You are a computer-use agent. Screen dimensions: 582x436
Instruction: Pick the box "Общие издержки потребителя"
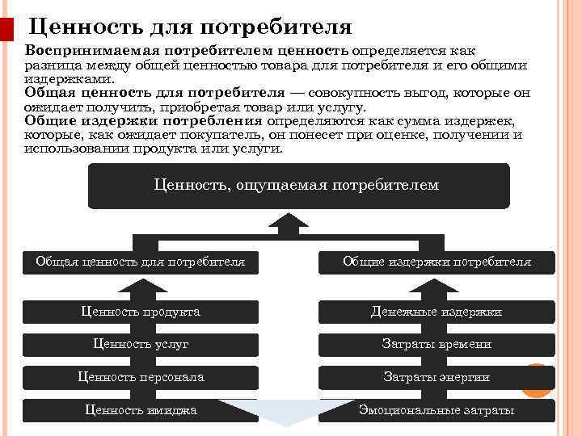pyautogui.click(x=436, y=262)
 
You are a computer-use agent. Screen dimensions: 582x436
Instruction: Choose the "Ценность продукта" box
pyautogui.click(x=141, y=312)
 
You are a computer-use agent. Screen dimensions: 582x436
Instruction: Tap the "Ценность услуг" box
pyautogui.click(x=141, y=345)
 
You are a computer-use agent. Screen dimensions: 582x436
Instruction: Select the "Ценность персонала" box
pyautogui.click(x=141, y=377)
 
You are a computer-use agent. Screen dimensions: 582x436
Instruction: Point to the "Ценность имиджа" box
pyautogui.click(x=141, y=410)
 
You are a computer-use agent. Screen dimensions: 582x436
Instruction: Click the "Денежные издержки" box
pyautogui.click(x=436, y=312)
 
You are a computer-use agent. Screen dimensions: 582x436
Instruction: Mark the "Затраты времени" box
pyautogui.click(x=436, y=345)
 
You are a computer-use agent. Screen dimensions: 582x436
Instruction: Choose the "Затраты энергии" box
pyautogui.click(x=436, y=377)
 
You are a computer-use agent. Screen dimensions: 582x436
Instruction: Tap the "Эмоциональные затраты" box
pyautogui.click(x=436, y=410)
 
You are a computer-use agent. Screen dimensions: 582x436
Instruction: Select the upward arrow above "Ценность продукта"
pyautogui.click(x=141, y=288)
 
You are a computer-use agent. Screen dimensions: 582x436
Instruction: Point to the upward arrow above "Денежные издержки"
pyautogui.click(x=436, y=288)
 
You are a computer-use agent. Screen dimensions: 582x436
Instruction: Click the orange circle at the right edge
pyautogui.click(x=538, y=380)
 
